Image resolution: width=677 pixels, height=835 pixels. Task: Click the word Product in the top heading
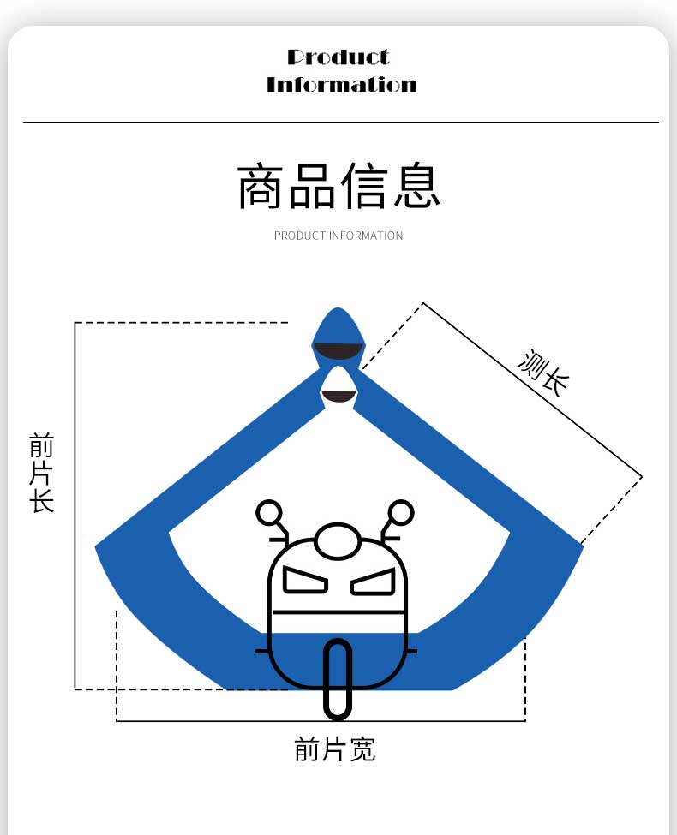click(338, 57)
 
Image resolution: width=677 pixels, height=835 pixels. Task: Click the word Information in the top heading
click(341, 85)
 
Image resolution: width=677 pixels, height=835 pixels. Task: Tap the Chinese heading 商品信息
click(338, 186)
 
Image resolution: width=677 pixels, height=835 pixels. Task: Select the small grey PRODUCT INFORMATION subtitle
click(338, 236)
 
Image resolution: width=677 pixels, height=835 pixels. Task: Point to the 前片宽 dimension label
click(335, 749)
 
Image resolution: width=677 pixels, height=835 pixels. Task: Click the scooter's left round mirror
click(269, 512)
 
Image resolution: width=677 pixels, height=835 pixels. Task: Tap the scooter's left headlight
click(305, 582)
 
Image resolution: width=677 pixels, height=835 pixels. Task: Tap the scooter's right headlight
click(373, 582)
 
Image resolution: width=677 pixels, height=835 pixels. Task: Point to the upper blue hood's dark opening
click(338, 350)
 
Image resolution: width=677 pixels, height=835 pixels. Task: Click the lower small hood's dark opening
click(338, 396)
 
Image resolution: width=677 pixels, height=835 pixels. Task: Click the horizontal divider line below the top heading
click(340, 122)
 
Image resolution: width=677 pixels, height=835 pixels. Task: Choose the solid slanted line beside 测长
click(531, 390)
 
